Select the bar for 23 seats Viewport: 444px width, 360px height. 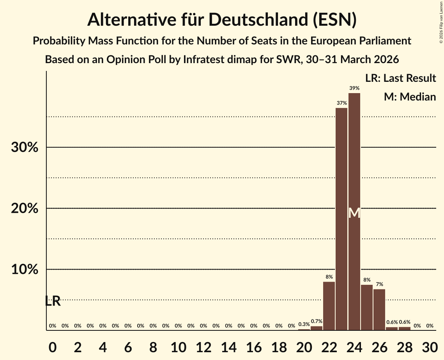(x=341, y=218)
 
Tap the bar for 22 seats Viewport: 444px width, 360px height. (x=329, y=306)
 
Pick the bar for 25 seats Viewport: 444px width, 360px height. (x=367, y=307)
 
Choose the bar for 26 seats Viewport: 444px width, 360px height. (x=379, y=309)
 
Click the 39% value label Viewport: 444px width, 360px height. (x=354, y=88)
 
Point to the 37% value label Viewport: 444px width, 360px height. (x=341, y=103)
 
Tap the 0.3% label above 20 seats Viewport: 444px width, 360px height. (x=304, y=324)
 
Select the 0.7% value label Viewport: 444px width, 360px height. (x=316, y=321)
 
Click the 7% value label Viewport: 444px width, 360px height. (x=379, y=284)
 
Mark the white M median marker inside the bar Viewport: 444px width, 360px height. (x=354, y=213)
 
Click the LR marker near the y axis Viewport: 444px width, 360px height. (x=53, y=301)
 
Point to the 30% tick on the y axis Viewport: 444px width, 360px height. (x=25, y=148)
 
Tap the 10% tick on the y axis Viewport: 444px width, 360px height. (x=25, y=270)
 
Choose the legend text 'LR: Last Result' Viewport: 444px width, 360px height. (x=400, y=78)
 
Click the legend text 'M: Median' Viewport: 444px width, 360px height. (x=410, y=97)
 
